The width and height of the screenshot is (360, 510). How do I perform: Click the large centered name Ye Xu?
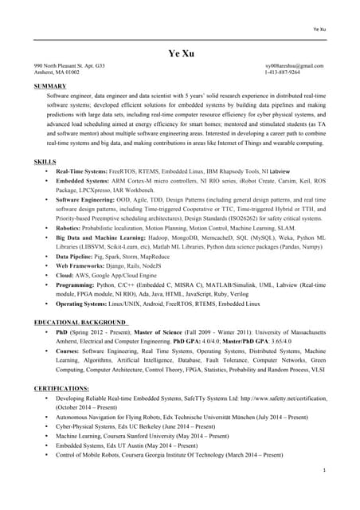pos(179,53)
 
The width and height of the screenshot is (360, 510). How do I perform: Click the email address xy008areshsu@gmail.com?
pos(294,65)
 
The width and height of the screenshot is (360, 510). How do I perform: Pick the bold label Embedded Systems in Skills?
pos(81,181)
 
